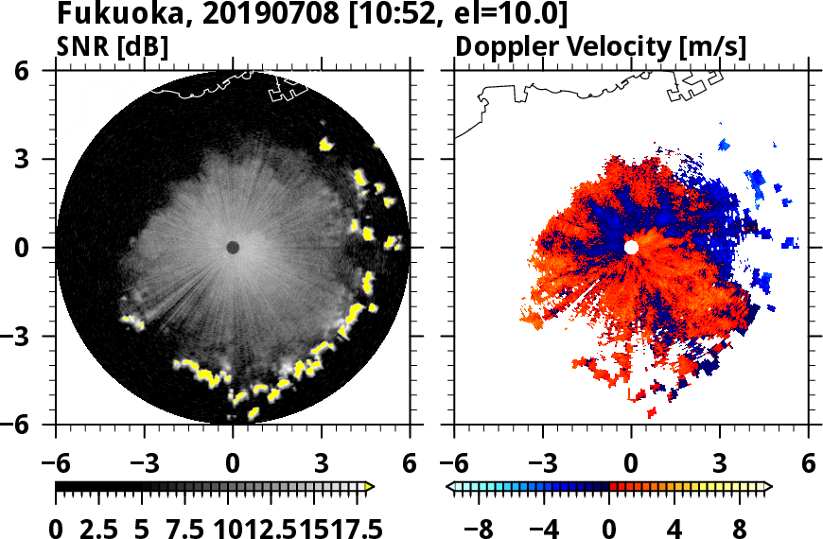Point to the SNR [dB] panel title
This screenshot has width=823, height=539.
pos(113,46)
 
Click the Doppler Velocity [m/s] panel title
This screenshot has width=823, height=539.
pos(602,46)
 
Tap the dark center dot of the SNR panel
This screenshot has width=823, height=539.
pos(233,248)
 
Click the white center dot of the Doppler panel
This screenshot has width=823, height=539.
pos(631,248)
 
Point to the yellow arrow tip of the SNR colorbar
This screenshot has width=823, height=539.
pos(370,487)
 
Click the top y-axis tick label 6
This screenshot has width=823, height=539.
pos(37,71)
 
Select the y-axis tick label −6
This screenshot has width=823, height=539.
pos(29,425)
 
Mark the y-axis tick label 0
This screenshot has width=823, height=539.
pos(37,248)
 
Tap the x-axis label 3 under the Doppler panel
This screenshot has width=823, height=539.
pos(720,466)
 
